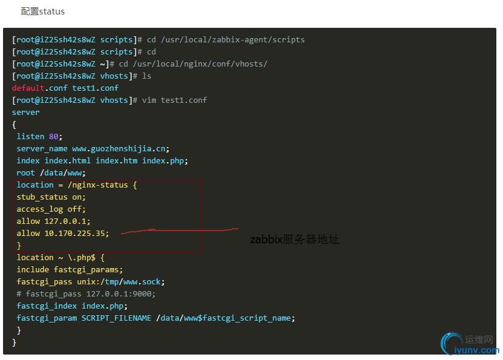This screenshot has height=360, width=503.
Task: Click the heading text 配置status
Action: point(43,11)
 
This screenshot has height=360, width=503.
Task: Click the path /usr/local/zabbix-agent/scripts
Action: point(233,40)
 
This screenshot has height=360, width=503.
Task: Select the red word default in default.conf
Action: point(28,88)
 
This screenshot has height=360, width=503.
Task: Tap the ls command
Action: point(146,76)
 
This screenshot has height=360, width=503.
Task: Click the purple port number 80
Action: point(54,137)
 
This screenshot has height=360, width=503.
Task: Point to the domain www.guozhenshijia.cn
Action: point(119,149)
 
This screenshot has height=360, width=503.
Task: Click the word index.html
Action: point(68,160)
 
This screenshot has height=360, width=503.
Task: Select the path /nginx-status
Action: point(98,185)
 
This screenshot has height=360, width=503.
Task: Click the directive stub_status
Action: point(42,197)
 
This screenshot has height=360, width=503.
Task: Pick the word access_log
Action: point(40,209)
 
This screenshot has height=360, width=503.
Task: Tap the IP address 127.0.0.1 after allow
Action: point(65,221)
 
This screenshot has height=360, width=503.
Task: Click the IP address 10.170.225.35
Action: point(75,234)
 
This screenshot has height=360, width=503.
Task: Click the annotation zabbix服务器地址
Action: point(294,239)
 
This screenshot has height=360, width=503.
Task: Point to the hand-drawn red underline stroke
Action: point(180,231)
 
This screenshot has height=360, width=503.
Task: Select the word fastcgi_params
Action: point(86,270)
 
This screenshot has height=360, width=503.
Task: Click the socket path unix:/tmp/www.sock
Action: point(118,282)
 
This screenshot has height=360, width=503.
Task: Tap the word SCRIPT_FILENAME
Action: point(117,318)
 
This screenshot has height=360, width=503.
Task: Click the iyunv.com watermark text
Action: point(476,350)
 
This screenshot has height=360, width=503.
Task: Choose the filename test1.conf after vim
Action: point(184,100)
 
